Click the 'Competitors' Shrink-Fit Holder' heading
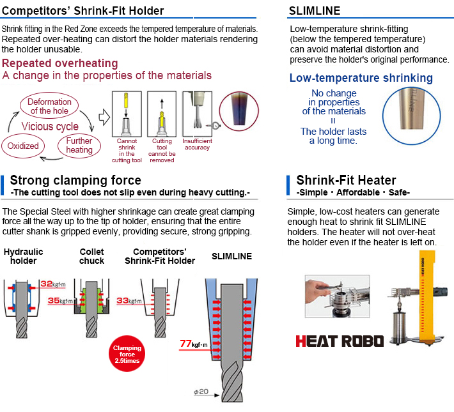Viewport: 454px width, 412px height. pos(82,11)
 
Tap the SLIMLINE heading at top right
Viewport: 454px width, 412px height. pos(315,11)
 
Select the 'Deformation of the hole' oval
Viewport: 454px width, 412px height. pos(49,105)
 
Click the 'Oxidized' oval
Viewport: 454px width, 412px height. pos(23,146)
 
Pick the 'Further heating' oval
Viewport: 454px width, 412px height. pos(79,145)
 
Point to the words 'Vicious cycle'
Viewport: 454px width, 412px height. pos(51,126)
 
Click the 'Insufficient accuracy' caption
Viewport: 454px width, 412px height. pos(197,144)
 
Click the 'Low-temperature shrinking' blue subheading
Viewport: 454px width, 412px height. pos(361,79)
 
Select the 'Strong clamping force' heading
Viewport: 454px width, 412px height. pos(75,180)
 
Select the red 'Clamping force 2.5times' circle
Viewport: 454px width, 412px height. pos(127,354)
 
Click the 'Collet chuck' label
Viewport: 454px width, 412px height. pos(91,256)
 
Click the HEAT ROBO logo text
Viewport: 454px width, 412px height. pos(340,340)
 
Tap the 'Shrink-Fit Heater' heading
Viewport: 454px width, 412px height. pos(346,180)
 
